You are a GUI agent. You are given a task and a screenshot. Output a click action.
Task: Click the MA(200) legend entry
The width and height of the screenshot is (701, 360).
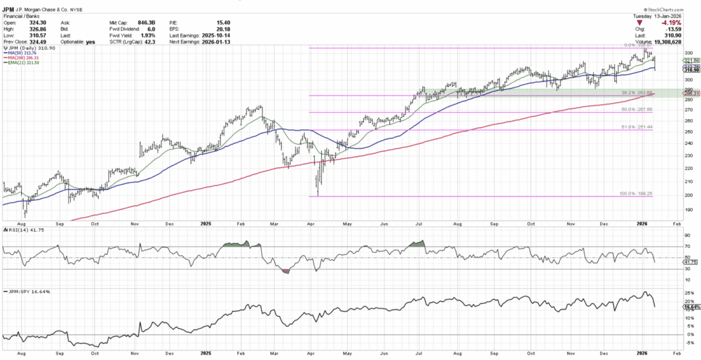24,57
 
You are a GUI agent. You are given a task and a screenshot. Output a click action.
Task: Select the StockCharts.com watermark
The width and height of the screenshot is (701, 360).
670,10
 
